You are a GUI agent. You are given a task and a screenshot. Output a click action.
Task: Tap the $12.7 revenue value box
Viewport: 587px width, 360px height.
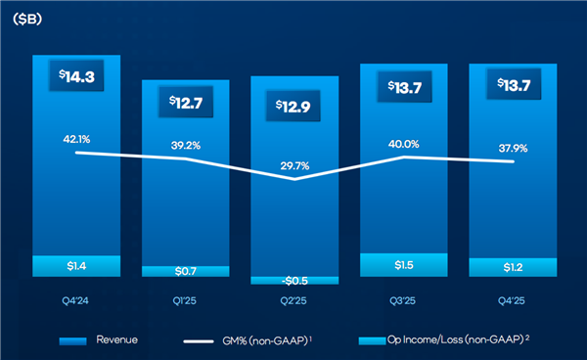tap(185, 104)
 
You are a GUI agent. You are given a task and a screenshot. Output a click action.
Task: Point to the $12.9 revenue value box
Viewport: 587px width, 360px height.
tap(294, 104)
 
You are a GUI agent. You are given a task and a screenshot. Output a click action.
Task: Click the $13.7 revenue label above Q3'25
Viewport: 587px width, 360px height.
tap(403, 88)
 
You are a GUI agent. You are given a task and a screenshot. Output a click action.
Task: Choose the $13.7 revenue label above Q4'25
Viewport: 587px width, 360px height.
tap(512, 88)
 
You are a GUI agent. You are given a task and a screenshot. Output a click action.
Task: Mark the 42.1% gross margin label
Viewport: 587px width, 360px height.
tap(75, 138)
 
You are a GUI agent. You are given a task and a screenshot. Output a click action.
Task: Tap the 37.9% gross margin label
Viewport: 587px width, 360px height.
tap(512, 149)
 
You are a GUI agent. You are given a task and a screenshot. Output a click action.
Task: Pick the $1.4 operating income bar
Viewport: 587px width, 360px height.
tap(75, 265)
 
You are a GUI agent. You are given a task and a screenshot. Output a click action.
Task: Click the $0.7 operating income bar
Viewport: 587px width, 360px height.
tap(185, 270)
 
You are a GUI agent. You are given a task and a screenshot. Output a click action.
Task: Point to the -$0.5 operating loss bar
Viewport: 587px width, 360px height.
tap(294, 280)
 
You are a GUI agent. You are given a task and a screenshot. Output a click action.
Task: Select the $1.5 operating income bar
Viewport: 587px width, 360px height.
tap(403, 265)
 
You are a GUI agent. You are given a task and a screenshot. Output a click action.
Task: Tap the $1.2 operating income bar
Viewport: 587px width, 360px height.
tap(512, 267)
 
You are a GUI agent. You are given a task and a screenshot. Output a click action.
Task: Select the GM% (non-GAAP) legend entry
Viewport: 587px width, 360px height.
tap(254, 339)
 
